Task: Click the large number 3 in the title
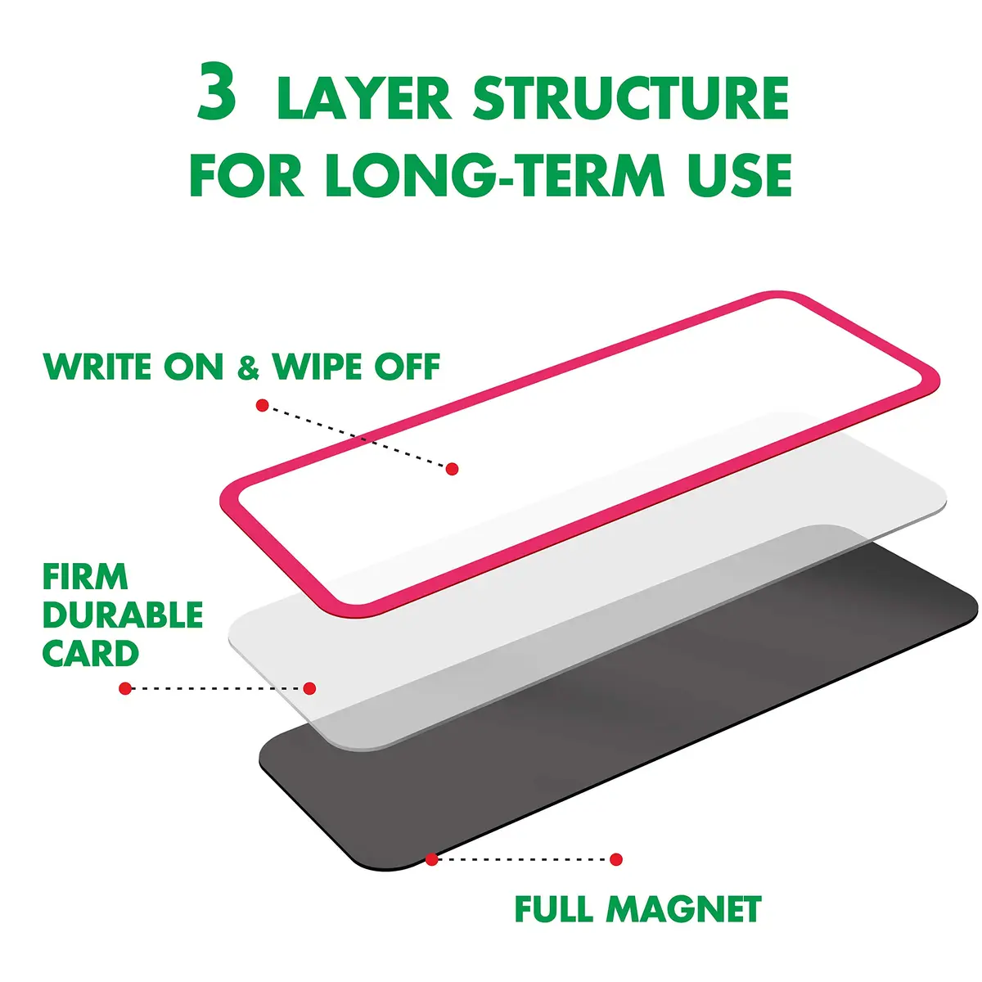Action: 217,91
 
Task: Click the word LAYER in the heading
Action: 364,98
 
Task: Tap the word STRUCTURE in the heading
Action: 632,98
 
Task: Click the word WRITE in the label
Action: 97,366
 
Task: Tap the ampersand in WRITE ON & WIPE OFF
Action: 248,367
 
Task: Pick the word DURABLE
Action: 123,615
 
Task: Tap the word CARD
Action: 90,653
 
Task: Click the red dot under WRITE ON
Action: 262,406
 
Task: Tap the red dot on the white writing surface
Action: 452,469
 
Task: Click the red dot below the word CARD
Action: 125,688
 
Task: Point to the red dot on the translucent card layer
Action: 309,688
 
